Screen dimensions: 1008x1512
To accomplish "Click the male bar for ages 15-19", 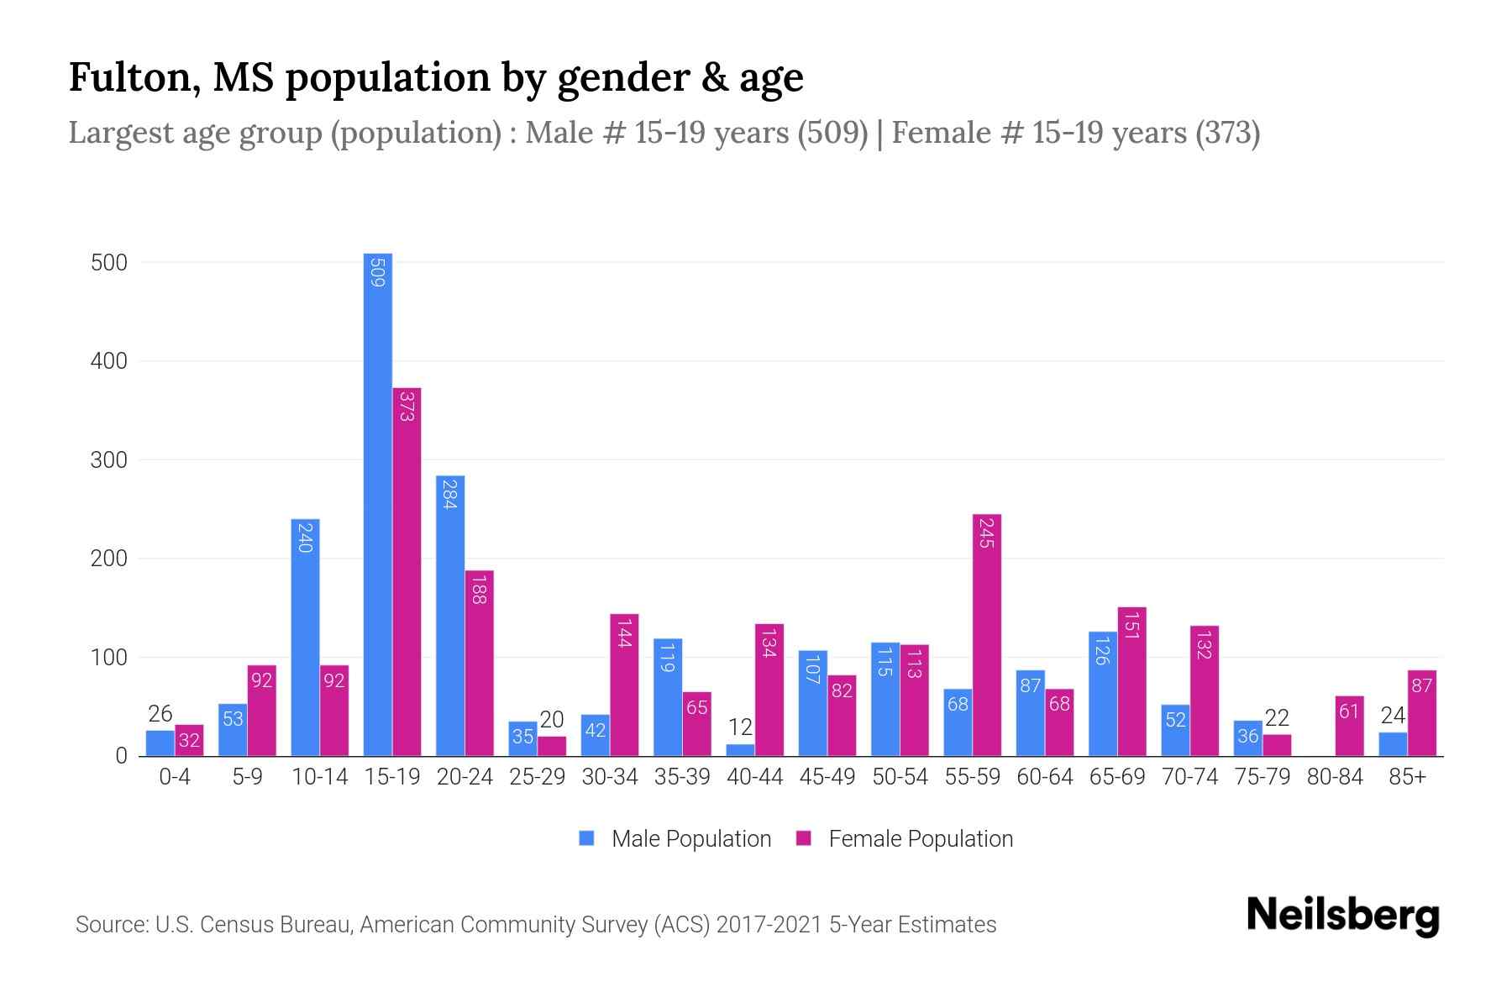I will pyautogui.click(x=377, y=504).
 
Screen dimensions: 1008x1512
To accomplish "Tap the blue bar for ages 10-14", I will pyautogui.click(x=305, y=638).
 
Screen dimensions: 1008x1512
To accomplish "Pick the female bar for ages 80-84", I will pyautogui.click(x=1349, y=727).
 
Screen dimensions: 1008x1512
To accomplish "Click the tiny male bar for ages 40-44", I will pyautogui.click(x=740, y=750).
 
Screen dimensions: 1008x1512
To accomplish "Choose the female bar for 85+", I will pyautogui.click(x=1421, y=713).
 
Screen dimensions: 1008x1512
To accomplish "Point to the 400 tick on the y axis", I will pyautogui.click(x=109, y=361).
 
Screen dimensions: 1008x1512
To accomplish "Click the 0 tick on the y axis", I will pyautogui.click(x=121, y=756).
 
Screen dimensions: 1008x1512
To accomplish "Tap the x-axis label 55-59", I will pyautogui.click(x=972, y=777).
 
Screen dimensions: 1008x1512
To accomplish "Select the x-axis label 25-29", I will pyautogui.click(x=537, y=777).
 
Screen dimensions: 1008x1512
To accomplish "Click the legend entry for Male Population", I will pyautogui.click(x=690, y=839).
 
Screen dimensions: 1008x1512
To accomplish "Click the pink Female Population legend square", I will pyautogui.click(x=804, y=838).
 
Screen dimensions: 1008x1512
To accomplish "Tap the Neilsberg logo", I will pyautogui.click(x=1342, y=916).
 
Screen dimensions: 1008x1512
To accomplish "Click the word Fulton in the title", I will pyautogui.click(x=134, y=77).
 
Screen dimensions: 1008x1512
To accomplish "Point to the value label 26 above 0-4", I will pyautogui.click(x=160, y=715).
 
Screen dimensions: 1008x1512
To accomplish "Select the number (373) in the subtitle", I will pyautogui.click(x=1227, y=133).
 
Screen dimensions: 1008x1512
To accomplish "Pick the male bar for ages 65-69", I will pyautogui.click(x=1102, y=694).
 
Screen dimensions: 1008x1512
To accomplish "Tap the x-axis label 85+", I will pyautogui.click(x=1407, y=777).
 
